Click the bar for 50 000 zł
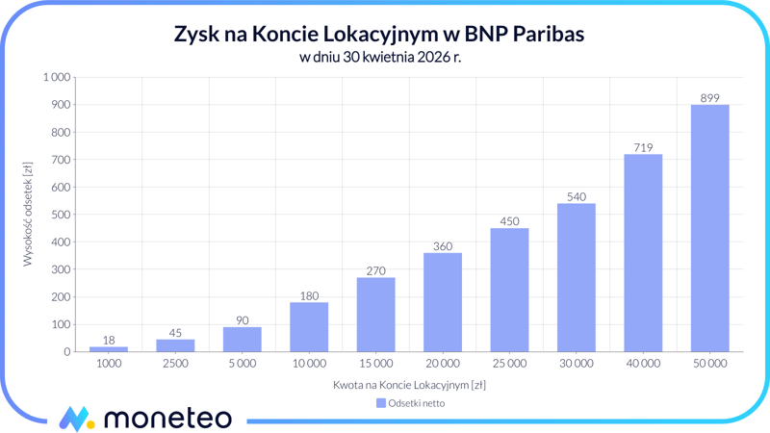point(709,228)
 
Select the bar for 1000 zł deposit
point(109,348)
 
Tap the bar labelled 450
point(509,290)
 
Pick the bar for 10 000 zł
point(309,327)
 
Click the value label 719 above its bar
point(643,147)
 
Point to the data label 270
point(375,270)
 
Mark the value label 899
point(709,97)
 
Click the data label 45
point(175,333)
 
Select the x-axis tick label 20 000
point(443,364)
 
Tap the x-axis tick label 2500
point(175,364)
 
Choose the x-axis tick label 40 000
point(643,364)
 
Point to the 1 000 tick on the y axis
point(57,77)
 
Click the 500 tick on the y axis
point(62,215)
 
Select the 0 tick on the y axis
point(67,352)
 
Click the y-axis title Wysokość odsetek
point(28,215)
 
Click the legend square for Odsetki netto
point(381,403)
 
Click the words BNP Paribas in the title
point(525,35)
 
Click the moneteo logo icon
point(76,419)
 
